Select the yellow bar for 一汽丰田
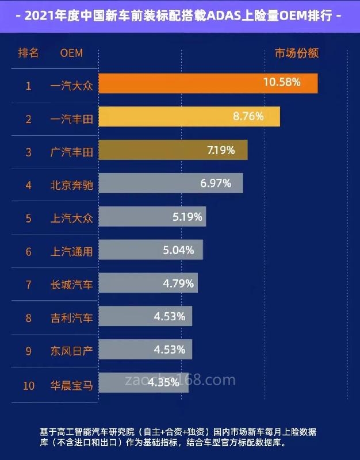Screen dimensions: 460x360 coord(189,117)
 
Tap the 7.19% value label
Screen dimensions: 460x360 coord(221,151)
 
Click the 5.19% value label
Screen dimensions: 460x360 coord(187,217)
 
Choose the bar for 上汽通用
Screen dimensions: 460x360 coord(151,250)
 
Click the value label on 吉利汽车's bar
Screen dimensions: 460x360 coord(170,316)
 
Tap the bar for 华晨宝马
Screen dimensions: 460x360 coord(144,383)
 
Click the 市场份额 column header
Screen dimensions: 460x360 coord(296,53)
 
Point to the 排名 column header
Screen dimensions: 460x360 coord(28,53)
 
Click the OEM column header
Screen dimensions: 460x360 coord(71,53)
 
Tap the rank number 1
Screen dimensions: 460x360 coord(28,86)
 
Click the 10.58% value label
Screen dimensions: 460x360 coord(282,82)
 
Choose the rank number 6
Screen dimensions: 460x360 coord(28,252)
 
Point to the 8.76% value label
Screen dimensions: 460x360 coord(248,116)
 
